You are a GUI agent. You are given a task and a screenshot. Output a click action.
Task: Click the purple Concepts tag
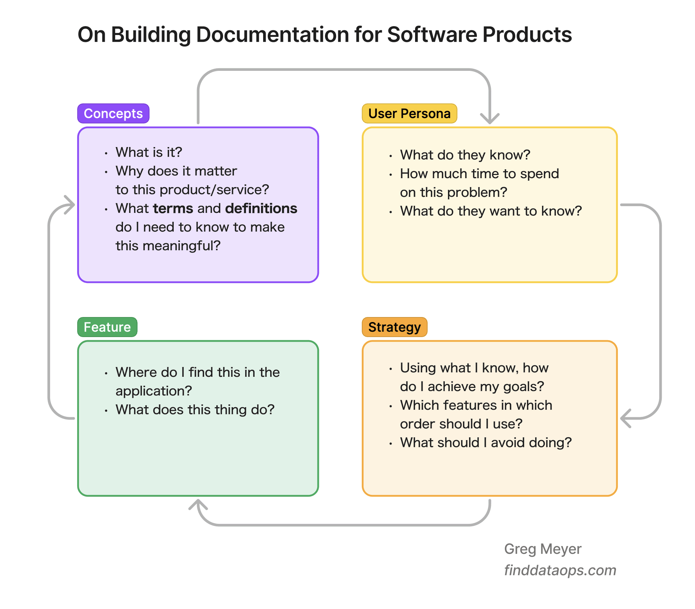tap(113, 113)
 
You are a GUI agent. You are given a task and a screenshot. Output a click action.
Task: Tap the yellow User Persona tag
tap(409, 113)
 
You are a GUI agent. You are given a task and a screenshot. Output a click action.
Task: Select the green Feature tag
tap(107, 327)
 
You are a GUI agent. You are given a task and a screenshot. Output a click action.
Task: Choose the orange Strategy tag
tap(395, 327)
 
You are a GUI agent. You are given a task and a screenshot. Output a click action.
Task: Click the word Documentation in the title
tap(272, 35)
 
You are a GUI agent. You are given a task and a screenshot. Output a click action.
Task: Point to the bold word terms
tap(173, 208)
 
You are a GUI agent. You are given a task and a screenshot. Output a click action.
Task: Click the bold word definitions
tap(261, 208)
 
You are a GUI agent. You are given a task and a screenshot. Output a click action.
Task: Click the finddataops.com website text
tap(560, 570)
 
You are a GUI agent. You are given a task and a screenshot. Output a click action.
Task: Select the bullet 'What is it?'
tap(149, 152)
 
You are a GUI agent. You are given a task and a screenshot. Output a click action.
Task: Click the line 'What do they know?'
tap(465, 155)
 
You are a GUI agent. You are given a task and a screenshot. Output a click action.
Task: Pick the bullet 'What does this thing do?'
tap(195, 410)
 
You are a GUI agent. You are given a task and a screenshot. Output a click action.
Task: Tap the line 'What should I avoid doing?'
tap(486, 443)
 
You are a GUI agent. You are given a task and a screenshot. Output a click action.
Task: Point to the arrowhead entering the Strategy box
tap(625, 418)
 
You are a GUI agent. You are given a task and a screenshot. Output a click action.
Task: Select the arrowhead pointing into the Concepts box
tap(70, 205)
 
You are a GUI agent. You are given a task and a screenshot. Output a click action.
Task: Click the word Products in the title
tap(527, 35)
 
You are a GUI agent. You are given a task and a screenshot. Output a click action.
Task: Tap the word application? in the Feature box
tap(154, 391)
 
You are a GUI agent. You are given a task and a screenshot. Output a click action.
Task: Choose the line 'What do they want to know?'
tap(491, 211)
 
